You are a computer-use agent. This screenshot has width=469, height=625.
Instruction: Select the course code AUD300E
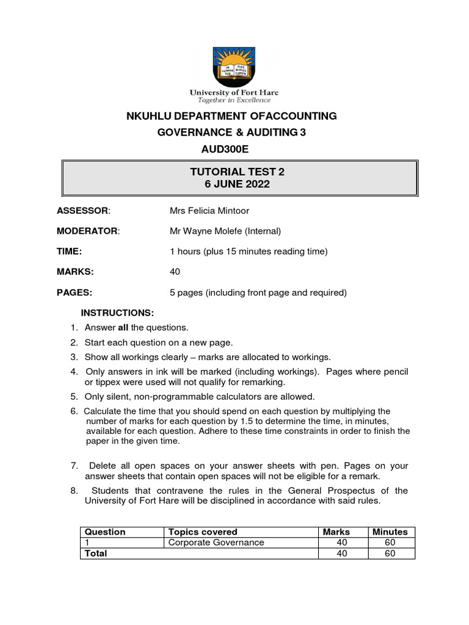206,149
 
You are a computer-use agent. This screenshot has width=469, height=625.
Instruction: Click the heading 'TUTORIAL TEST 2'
237,172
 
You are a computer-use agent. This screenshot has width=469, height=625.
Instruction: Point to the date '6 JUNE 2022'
237,184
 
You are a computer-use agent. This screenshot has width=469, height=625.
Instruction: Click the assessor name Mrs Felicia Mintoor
209,211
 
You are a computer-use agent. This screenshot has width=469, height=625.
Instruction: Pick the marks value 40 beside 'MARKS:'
175,272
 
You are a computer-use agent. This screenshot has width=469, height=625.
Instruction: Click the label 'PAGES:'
75,292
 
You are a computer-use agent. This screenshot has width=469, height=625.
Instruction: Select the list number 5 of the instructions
73,397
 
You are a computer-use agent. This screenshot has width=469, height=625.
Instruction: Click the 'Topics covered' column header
203,532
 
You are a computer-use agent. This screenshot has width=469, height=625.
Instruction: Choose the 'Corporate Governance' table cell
216,543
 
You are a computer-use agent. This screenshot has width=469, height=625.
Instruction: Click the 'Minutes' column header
390,532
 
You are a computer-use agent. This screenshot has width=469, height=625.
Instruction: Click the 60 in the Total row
390,553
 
